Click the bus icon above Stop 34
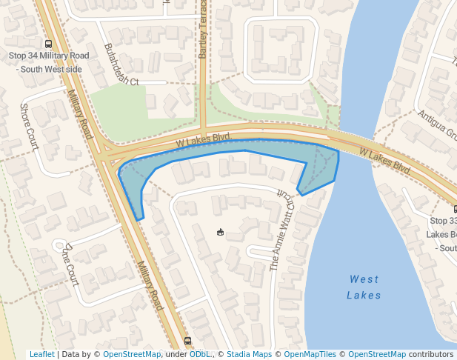click(x=48, y=44)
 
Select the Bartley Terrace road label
click(x=203, y=30)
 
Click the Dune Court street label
click(x=71, y=264)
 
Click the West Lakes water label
click(x=364, y=287)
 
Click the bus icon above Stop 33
click(x=454, y=210)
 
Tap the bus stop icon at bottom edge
click(x=187, y=341)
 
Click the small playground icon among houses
click(x=220, y=233)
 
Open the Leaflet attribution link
click(x=41, y=355)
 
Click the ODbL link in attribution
click(x=199, y=355)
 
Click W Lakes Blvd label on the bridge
click(x=384, y=159)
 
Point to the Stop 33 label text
click(x=443, y=221)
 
